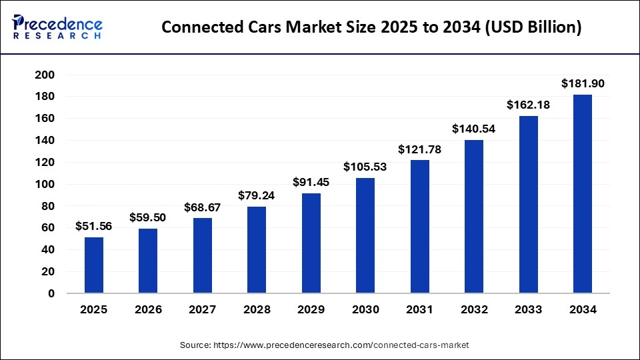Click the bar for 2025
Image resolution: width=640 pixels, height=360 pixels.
coord(94,265)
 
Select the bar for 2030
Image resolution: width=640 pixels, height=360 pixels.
coord(365,235)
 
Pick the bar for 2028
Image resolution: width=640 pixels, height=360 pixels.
coord(257,249)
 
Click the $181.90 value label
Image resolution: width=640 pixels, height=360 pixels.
coord(582,83)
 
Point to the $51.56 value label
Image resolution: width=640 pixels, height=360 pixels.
coord(94,226)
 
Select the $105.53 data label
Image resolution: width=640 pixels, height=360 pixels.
coord(365,167)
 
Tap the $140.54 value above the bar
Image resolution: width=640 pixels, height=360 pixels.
coord(473,129)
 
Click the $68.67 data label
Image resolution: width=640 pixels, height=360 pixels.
coord(203,207)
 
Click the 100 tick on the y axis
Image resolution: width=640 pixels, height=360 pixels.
coord(43,184)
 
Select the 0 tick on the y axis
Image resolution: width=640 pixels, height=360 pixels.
coord(51,293)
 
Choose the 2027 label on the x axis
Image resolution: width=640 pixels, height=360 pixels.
coord(203,310)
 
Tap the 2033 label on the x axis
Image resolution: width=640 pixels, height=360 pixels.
coord(528,310)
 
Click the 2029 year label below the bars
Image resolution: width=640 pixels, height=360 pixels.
coord(311,310)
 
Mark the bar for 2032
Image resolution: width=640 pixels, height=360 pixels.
coord(473,217)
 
